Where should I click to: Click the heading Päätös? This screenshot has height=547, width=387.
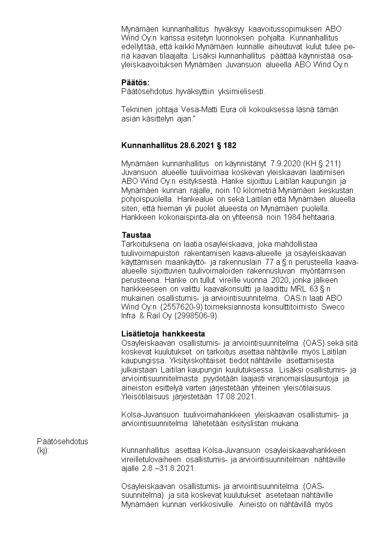click(x=135, y=82)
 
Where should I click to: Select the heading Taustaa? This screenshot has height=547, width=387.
click(x=136, y=234)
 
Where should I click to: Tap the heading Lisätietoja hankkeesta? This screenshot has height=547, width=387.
click(x=163, y=334)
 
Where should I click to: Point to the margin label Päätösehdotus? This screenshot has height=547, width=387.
click(x=62, y=441)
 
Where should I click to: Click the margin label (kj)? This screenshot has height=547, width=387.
click(x=43, y=450)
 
